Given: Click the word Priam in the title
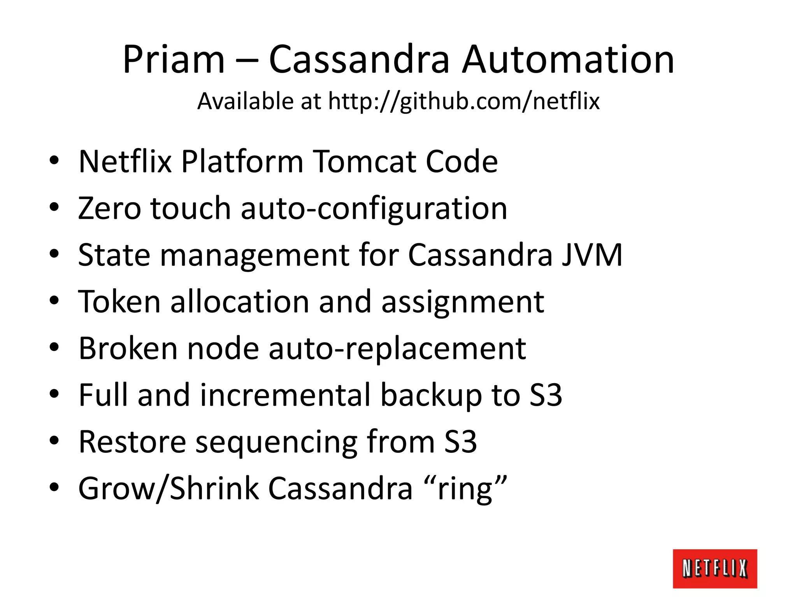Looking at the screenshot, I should pos(174,59).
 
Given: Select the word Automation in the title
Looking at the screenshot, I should pos(568,59).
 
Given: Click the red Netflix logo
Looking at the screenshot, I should pos(714,568).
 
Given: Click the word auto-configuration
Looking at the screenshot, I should pos(374,209).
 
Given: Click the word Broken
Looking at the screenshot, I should pos(128,348).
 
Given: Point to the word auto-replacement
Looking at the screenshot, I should pos(397,349).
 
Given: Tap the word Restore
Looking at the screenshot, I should pos(132,442).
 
